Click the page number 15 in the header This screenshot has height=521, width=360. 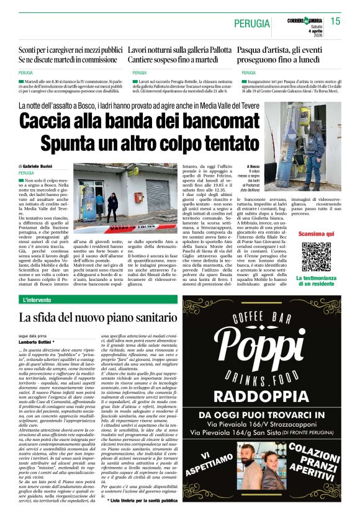tap(335, 21)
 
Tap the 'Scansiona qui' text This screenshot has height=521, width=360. tap(316, 234)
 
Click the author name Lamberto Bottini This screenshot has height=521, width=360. tap(37, 342)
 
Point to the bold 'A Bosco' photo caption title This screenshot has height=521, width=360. tap(253, 167)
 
